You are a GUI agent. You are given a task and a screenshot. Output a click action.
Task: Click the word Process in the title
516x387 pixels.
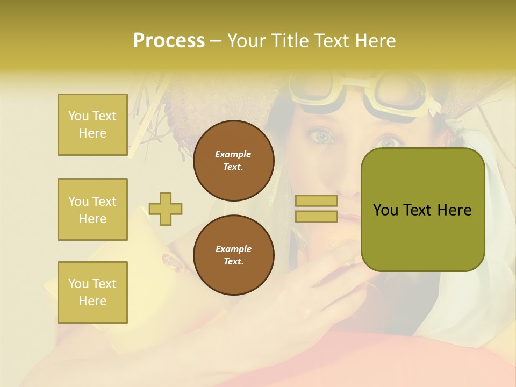point(169,41)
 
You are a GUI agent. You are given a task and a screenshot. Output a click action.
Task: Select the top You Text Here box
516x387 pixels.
point(92,125)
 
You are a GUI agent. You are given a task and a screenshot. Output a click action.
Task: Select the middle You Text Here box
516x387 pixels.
point(92,210)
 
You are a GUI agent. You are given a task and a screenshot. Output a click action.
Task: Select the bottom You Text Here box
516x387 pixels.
point(92,292)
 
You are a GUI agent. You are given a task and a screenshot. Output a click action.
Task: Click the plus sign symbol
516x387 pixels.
point(166,209)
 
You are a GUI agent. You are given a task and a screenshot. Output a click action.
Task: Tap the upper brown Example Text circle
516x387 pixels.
point(234,160)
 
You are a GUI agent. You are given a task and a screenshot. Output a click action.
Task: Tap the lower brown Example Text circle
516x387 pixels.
point(234,255)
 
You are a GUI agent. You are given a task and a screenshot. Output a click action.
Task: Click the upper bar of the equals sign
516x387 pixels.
point(316,201)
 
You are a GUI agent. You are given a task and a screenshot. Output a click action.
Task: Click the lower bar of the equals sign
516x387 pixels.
point(316,216)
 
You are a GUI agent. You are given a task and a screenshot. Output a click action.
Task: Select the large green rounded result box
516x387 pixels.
point(422,210)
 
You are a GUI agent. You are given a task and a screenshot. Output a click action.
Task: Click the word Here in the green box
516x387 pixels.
point(454,210)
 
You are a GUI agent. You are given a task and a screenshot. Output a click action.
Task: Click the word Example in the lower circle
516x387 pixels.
point(233,249)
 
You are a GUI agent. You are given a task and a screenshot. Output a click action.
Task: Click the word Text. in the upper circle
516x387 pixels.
point(233,167)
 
